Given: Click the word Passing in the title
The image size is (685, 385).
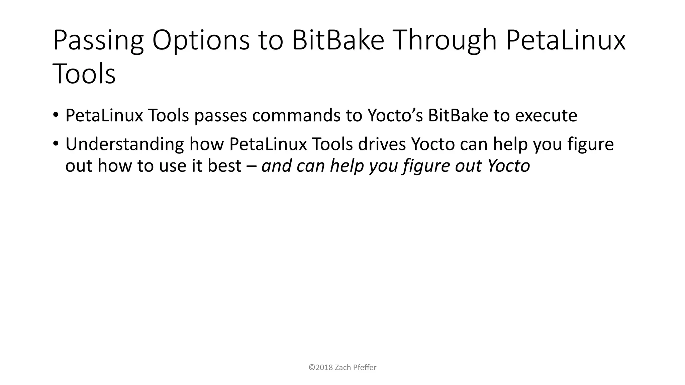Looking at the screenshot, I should coord(98,41).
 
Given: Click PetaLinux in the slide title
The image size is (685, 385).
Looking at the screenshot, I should coord(565,40).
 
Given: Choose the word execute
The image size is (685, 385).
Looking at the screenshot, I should coord(546,115).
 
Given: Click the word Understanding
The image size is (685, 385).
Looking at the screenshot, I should coord(124,144).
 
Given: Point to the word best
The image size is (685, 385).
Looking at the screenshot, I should coord(224,165).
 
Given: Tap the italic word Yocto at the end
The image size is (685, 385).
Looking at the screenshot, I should coord(508,165).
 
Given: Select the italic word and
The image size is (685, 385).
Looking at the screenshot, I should coord(276,165).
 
